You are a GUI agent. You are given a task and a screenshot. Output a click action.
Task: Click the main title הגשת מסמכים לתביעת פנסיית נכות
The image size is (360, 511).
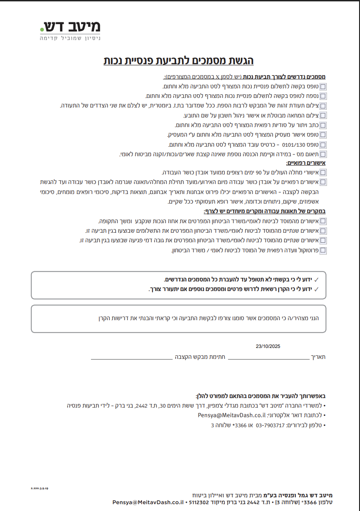(x=179, y=61)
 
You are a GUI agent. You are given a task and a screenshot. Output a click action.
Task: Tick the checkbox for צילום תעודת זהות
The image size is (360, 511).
(x=323, y=106)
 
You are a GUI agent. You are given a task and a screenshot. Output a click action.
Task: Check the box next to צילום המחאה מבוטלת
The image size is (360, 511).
(x=323, y=115)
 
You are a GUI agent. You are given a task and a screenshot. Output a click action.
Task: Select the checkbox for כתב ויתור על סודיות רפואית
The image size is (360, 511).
(x=323, y=125)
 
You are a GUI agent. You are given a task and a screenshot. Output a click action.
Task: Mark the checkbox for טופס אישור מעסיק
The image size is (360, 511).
(x=323, y=135)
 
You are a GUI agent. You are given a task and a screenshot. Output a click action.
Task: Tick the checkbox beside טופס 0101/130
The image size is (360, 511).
(x=323, y=145)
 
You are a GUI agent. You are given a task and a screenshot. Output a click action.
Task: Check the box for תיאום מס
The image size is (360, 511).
(x=323, y=154)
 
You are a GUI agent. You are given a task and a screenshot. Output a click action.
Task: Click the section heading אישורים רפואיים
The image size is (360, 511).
(x=305, y=163)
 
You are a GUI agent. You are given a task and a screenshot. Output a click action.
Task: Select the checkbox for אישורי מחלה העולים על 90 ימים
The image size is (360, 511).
(x=323, y=173)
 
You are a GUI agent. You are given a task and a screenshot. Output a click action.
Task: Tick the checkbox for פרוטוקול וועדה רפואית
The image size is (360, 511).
(x=323, y=250)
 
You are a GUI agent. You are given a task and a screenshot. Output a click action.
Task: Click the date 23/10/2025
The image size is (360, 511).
(x=268, y=347)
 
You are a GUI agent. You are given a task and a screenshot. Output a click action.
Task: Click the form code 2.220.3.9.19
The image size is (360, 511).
(x=40, y=488)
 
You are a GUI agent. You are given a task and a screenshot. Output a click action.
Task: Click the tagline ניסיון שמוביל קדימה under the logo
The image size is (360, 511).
(x=70, y=39)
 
